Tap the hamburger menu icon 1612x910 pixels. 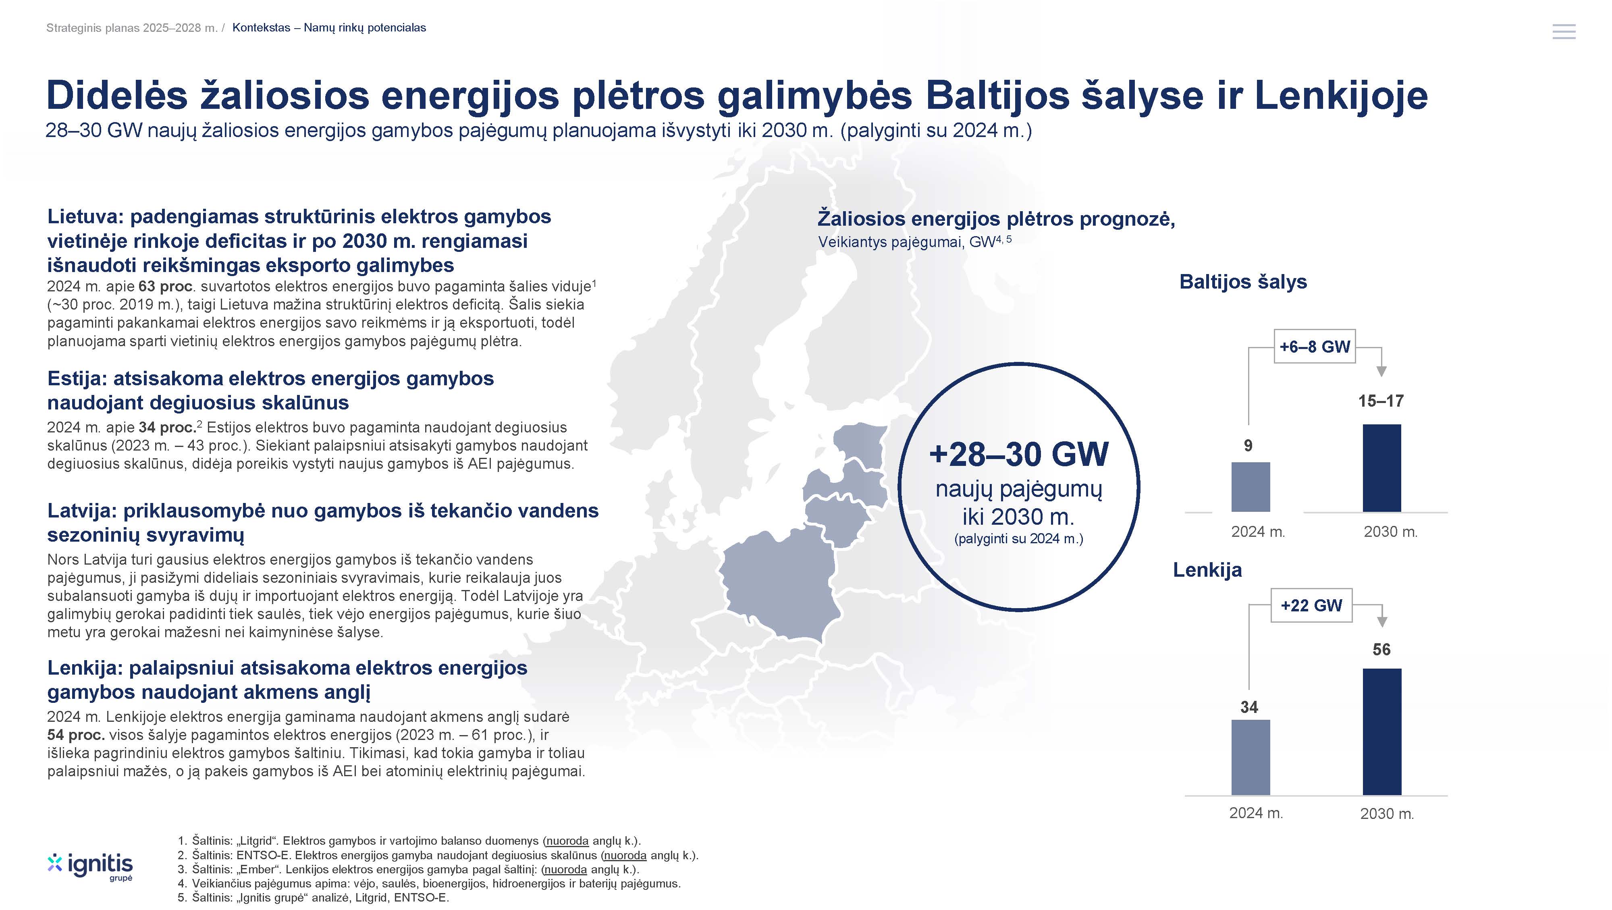pos(1564,31)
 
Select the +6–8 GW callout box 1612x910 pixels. pos(1315,346)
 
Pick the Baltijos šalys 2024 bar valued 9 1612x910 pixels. pos(1250,487)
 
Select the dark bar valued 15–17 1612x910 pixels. pos(1382,468)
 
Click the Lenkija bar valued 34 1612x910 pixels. pos(1250,757)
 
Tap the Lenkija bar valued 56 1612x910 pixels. pos(1382,731)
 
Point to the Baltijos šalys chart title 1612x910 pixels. pos(1243,282)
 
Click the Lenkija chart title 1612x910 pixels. pos(1207,569)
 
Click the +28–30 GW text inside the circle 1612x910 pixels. pos(1019,454)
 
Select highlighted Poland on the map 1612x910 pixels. pos(779,585)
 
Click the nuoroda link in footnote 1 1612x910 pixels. pos(567,841)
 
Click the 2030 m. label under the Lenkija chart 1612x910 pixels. pos(1387,814)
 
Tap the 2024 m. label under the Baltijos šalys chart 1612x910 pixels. pos(1258,532)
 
